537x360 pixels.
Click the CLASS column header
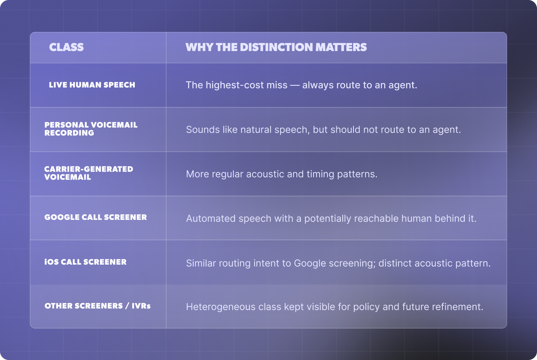pos(66,47)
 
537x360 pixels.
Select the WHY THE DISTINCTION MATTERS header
pos(276,47)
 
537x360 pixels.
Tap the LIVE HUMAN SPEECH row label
pos(92,85)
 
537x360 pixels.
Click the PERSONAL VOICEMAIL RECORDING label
pos(91,129)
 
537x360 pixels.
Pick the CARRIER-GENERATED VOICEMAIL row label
pos(89,173)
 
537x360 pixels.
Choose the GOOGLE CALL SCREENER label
pos(96,217)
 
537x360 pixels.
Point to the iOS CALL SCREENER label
pos(85,262)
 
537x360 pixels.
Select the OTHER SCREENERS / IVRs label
pos(98,306)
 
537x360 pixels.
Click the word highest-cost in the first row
pos(247,85)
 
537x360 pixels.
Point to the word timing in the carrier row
pos(320,174)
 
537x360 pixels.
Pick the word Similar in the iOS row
pos(201,263)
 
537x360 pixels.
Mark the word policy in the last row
pos(367,307)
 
